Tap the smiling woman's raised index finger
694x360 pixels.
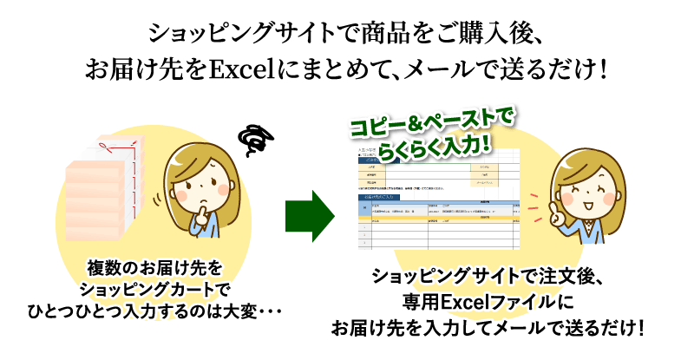pos(530,198)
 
